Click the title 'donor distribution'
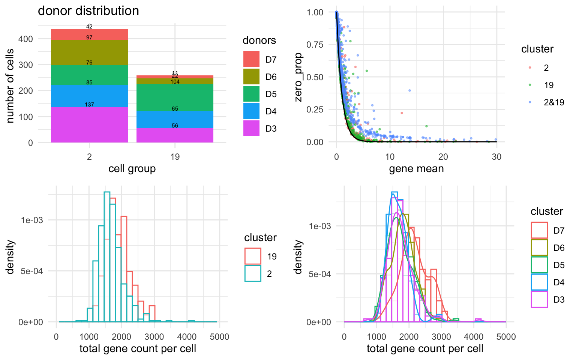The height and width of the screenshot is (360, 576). [x=88, y=11]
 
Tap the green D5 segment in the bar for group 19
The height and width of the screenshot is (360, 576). [x=175, y=97]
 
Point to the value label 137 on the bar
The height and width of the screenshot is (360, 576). [x=89, y=105]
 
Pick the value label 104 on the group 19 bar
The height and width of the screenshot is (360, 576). [x=175, y=82]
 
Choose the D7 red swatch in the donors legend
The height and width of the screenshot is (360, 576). [x=251, y=59]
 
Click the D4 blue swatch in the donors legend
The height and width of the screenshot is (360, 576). [x=251, y=111]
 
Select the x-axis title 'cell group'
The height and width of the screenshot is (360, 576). [x=132, y=169]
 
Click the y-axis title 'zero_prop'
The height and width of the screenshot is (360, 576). [x=298, y=77]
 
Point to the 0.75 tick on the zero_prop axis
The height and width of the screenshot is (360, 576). [x=315, y=45]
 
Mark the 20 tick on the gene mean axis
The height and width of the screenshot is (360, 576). [x=443, y=157]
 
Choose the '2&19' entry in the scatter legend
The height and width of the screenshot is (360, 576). [x=554, y=102]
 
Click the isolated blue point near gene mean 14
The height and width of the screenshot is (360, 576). [x=409, y=90]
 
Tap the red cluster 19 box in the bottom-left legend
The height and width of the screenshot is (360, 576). [x=253, y=256]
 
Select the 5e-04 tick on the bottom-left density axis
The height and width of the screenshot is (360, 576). [x=31, y=271]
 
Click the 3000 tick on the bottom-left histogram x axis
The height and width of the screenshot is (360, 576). [x=154, y=337]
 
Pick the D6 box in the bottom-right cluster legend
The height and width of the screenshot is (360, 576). [x=539, y=248]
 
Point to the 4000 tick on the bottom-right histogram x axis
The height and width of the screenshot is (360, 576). [x=474, y=337]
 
